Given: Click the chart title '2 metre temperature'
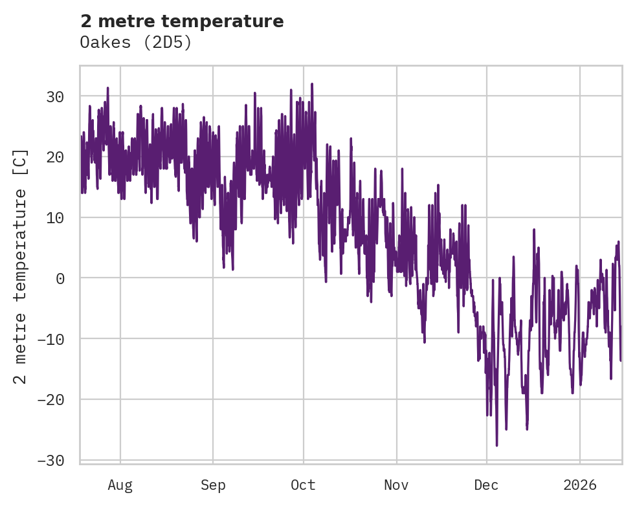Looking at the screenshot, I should click(x=182, y=21).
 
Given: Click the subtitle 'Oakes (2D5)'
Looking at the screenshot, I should click(x=136, y=43).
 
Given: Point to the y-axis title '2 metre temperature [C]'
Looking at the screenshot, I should click(x=21, y=266).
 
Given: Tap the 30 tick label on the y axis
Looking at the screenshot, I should click(x=56, y=97).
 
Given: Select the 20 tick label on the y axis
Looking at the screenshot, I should click(x=56, y=157).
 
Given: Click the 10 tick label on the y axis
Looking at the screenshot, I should click(x=56, y=218).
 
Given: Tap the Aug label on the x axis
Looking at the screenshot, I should click(x=120, y=485).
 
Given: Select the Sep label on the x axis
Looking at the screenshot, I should click(x=213, y=485).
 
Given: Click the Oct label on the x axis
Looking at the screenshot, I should click(x=303, y=485).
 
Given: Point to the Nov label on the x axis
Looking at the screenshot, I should click(x=396, y=485).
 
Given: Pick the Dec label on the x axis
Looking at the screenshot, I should click(x=487, y=485).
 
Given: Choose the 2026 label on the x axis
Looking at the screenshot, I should click(x=580, y=485).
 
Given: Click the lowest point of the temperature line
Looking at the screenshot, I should click(x=496, y=445).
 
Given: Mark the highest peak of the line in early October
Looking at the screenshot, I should click(x=311, y=83).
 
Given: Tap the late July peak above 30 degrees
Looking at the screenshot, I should click(x=108, y=88).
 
